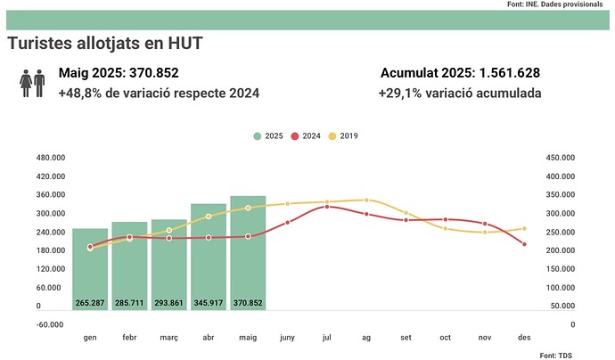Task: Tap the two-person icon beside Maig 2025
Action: click(32, 84)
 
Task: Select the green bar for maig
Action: click(248, 254)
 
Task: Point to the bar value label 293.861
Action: click(168, 303)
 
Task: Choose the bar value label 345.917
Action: click(208, 303)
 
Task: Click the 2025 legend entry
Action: click(268, 135)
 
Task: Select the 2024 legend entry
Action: click(306, 135)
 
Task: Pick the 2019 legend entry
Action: click(343, 135)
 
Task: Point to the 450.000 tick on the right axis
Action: click(560, 157)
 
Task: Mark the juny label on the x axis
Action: click(287, 338)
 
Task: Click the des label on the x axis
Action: click(524, 338)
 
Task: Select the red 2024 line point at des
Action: click(524, 244)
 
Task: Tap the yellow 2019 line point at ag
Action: click(366, 200)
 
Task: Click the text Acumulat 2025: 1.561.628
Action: click(460, 73)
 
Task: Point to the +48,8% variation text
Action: click(160, 93)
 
